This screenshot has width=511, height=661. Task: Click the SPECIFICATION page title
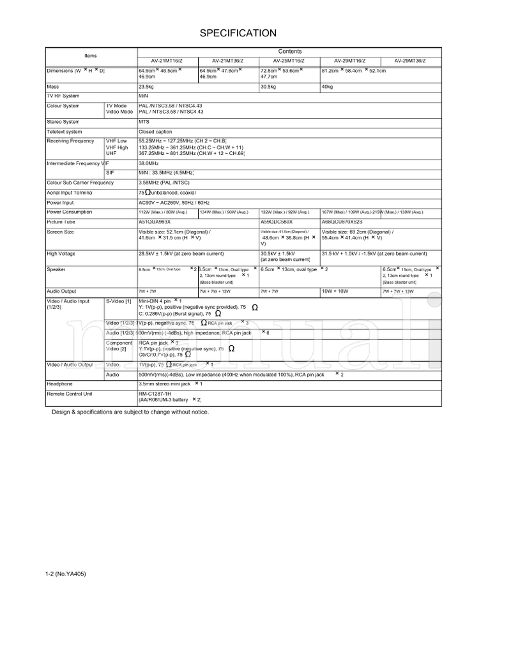pyautogui.click(x=238, y=33)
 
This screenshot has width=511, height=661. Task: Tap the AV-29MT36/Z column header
pyautogui.click(x=409, y=61)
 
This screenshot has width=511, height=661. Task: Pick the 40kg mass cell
pyautogui.click(x=328, y=86)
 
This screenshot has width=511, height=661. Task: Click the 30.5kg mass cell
pyautogui.click(x=268, y=86)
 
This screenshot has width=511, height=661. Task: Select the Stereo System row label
pyautogui.click(x=63, y=121)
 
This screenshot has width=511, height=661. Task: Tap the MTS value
pyautogui.click(x=144, y=121)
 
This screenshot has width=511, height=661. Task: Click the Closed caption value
pyautogui.click(x=155, y=132)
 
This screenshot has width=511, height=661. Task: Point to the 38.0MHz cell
pyautogui.click(x=149, y=164)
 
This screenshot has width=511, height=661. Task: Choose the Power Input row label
pyautogui.click(x=61, y=202)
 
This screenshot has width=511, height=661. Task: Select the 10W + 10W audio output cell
pyautogui.click(x=335, y=291)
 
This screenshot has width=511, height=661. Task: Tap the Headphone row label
pyautogui.click(x=60, y=384)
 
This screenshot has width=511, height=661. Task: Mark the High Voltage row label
pyautogui.click(x=61, y=253)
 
